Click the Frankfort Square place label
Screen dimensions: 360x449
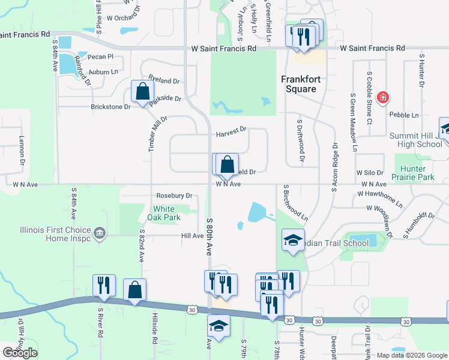pyautogui.click(x=299, y=84)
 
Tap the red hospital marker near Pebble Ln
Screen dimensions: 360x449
pyautogui.click(x=382, y=97)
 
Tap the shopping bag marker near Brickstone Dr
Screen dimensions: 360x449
pyautogui.click(x=143, y=92)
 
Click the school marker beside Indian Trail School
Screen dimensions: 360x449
pyautogui.click(x=293, y=240)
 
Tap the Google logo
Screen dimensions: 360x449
pyautogui.click(x=20, y=353)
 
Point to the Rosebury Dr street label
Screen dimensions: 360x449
pyautogui.click(x=174, y=196)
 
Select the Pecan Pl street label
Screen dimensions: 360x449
pyautogui.click(x=100, y=57)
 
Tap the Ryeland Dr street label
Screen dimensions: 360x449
pyautogui.click(x=164, y=81)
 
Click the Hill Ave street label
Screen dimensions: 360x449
pyautogui.click(x=193, y=236)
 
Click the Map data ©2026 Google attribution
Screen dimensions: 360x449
pyautogui.click(x=411, y=355)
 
